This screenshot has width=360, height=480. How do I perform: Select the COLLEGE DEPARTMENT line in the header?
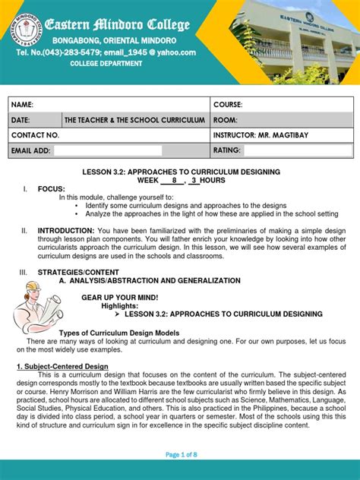[106, 64]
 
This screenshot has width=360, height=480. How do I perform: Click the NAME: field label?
[22, 105]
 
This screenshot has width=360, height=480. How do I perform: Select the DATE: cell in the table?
[21, 120]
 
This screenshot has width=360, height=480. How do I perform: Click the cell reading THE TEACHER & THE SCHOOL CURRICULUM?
[134, 120]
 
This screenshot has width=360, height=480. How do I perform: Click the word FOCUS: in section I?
[52, 188]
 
